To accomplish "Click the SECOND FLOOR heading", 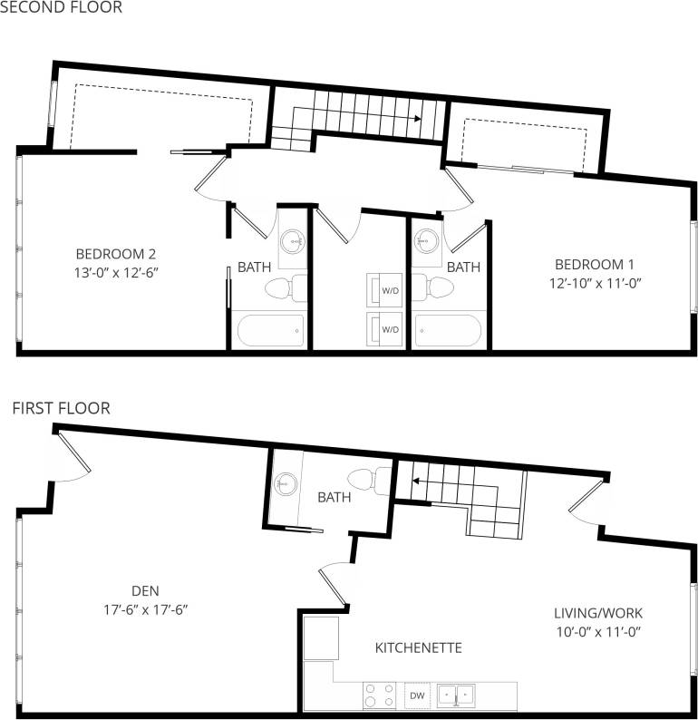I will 60,7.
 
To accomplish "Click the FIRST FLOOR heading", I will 61,409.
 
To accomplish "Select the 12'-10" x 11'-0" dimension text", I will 594,282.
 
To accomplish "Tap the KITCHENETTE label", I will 419,648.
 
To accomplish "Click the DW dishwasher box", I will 417,696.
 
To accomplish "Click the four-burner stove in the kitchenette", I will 378,696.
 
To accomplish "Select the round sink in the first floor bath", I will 287,484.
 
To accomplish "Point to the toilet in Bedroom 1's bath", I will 437,288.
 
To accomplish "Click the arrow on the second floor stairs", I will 416,118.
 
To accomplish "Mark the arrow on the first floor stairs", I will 406,482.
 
